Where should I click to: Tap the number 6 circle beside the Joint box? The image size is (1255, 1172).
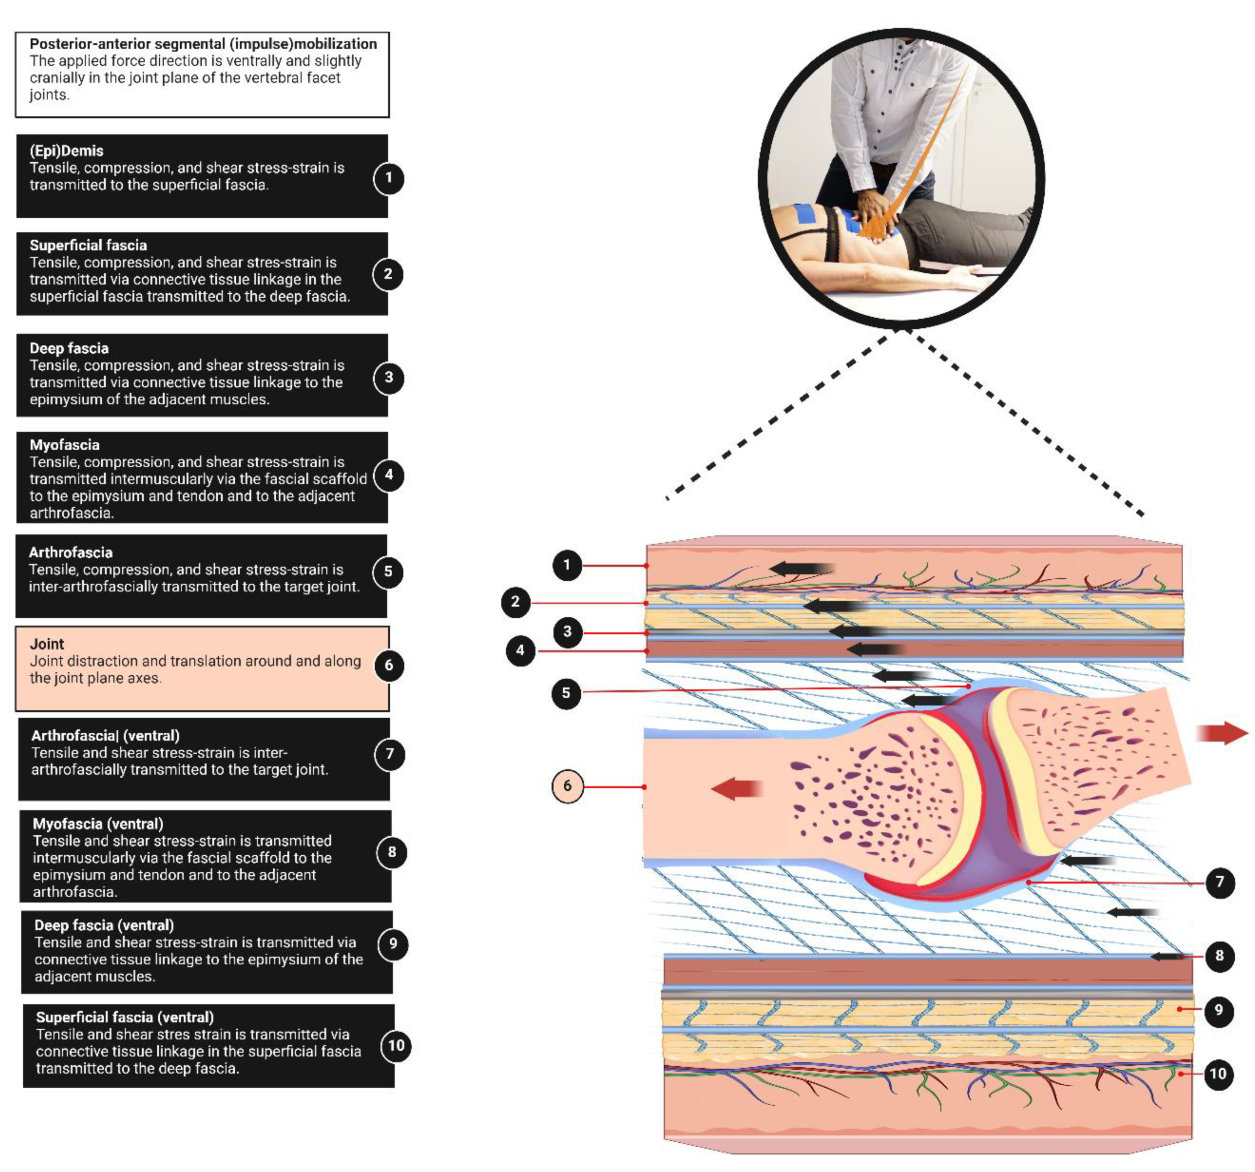(x=389, y=665)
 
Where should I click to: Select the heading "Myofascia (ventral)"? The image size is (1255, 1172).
(x=98, y=824)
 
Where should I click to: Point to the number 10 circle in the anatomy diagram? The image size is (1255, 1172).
(x=1218, y=1073)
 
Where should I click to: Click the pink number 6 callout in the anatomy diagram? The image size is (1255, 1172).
(x=567, y=786)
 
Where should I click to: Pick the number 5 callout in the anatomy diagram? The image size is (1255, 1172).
(x=566, y=693)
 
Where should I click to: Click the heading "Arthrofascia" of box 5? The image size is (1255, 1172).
(x=71, y=553)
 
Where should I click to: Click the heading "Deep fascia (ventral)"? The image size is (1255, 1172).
(x=103, y=925)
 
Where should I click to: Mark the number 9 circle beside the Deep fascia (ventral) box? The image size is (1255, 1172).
(x=393, y=943)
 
